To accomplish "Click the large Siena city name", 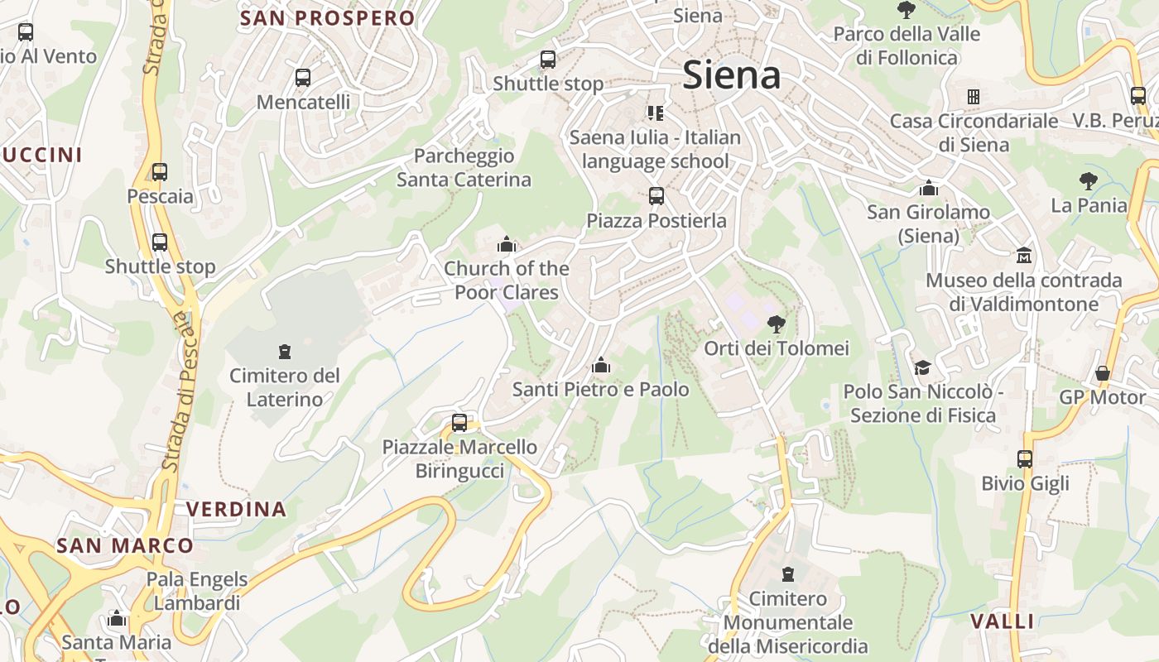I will pos(732,75).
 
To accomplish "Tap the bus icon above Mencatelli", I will pos(303,78).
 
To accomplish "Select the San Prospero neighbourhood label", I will pos(327,18).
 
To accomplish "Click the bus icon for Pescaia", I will pos(160,172).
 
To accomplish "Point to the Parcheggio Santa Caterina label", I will pos(464,167).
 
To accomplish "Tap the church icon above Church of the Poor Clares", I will pos(507,244).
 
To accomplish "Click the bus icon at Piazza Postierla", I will pos(656,196).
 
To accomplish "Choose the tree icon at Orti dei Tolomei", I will pos(776,324).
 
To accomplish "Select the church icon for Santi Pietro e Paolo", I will pos(601,365).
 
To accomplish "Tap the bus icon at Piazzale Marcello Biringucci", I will pos(459,423).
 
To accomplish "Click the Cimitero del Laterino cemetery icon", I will pos(285,352).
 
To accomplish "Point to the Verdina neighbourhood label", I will pos(236,509).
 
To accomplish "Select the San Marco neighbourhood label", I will pos(125,545).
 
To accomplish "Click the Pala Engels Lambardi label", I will pos(197,591).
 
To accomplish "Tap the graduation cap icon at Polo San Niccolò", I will pos(922,367).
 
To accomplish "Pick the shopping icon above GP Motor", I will pos(1103,373).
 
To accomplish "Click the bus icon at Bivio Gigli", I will pos(1025,459).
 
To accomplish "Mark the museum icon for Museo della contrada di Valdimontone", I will pos(1024,255).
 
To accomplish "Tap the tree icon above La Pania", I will pos(1089,181).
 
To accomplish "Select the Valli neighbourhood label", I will pos(1003,621).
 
